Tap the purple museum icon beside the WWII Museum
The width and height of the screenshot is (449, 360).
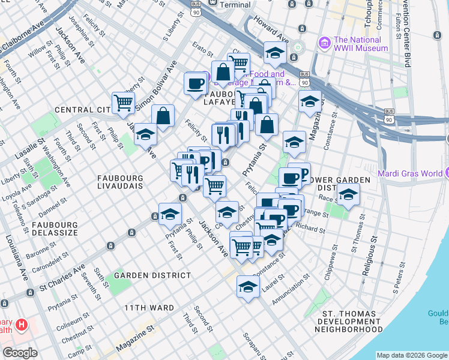[325, 43]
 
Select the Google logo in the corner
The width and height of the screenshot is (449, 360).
[20, 353]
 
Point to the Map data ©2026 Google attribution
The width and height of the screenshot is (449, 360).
[411, 355]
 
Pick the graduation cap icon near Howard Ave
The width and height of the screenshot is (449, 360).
[275, 53]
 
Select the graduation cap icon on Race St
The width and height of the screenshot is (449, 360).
[347, 194]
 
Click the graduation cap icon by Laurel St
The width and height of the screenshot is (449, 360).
[247, 286]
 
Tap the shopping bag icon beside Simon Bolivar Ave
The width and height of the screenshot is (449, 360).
[163, 115]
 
